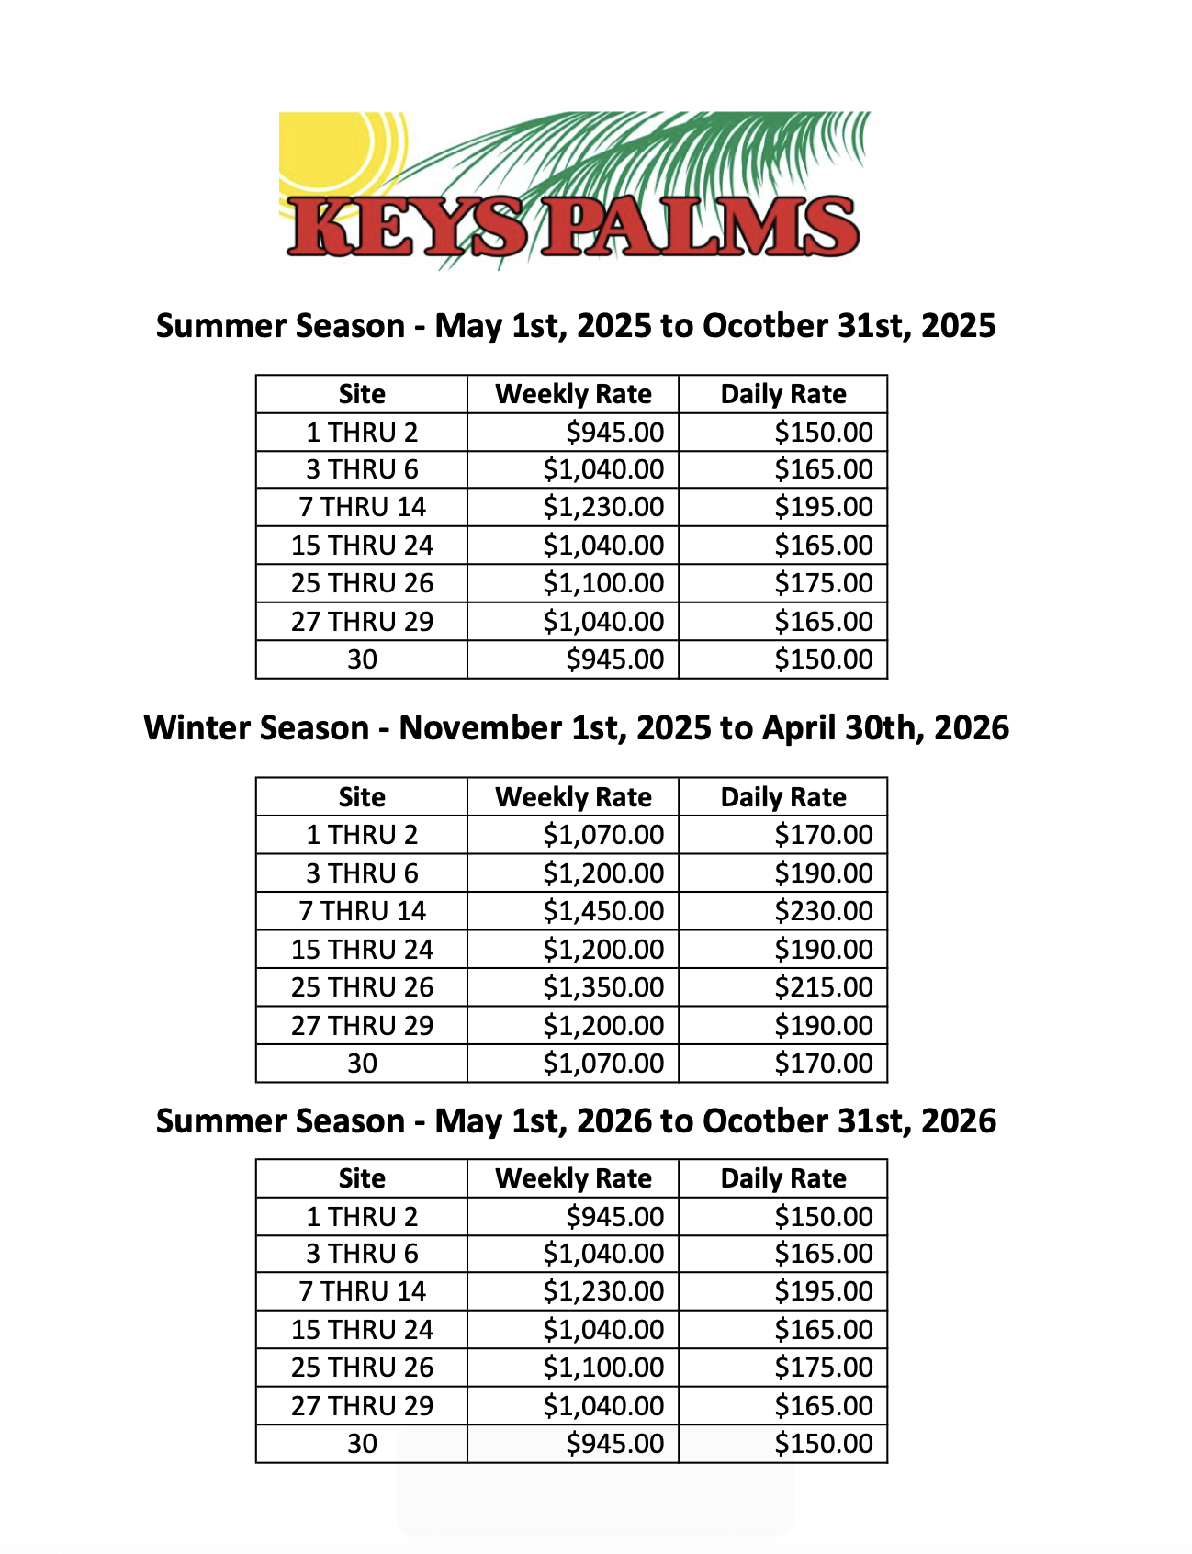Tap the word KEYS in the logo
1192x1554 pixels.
pyautogui.click(x=409, y=228)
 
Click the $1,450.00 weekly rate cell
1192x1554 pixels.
pyautogui.click(x=602, y=911)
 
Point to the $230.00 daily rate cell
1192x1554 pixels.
pyautogui.click(x=823, y=911)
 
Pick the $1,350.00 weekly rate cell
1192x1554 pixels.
pyautogui.click(x=602, y=987)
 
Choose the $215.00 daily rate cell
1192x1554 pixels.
pyautogui.click(x=823, y=987)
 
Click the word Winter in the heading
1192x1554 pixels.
pyautogui.click(x=198, y=728)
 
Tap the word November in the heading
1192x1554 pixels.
pyautogui.click(x=479, y=728)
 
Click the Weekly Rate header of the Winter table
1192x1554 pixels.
pyautogui.click(x=573, y=797)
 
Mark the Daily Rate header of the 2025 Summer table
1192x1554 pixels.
pyautogui.click(x=783, y=394)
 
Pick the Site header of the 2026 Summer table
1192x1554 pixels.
pyautogui.click(x=362, y=1178)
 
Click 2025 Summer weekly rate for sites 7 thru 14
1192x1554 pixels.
pyautogui.click(x=602, y=507)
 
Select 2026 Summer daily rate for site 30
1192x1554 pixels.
pyautogui.click(x=823, y=1444)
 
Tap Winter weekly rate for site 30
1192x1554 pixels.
pyautogui.click(x=602, y=1064)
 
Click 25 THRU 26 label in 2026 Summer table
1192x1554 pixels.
pyautogui.click(x=362, y=1368)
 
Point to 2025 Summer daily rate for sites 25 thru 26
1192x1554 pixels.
pyautogui.click(x=823, y=583)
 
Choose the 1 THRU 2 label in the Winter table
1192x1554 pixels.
pyautogui.click(x=362, y=835)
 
